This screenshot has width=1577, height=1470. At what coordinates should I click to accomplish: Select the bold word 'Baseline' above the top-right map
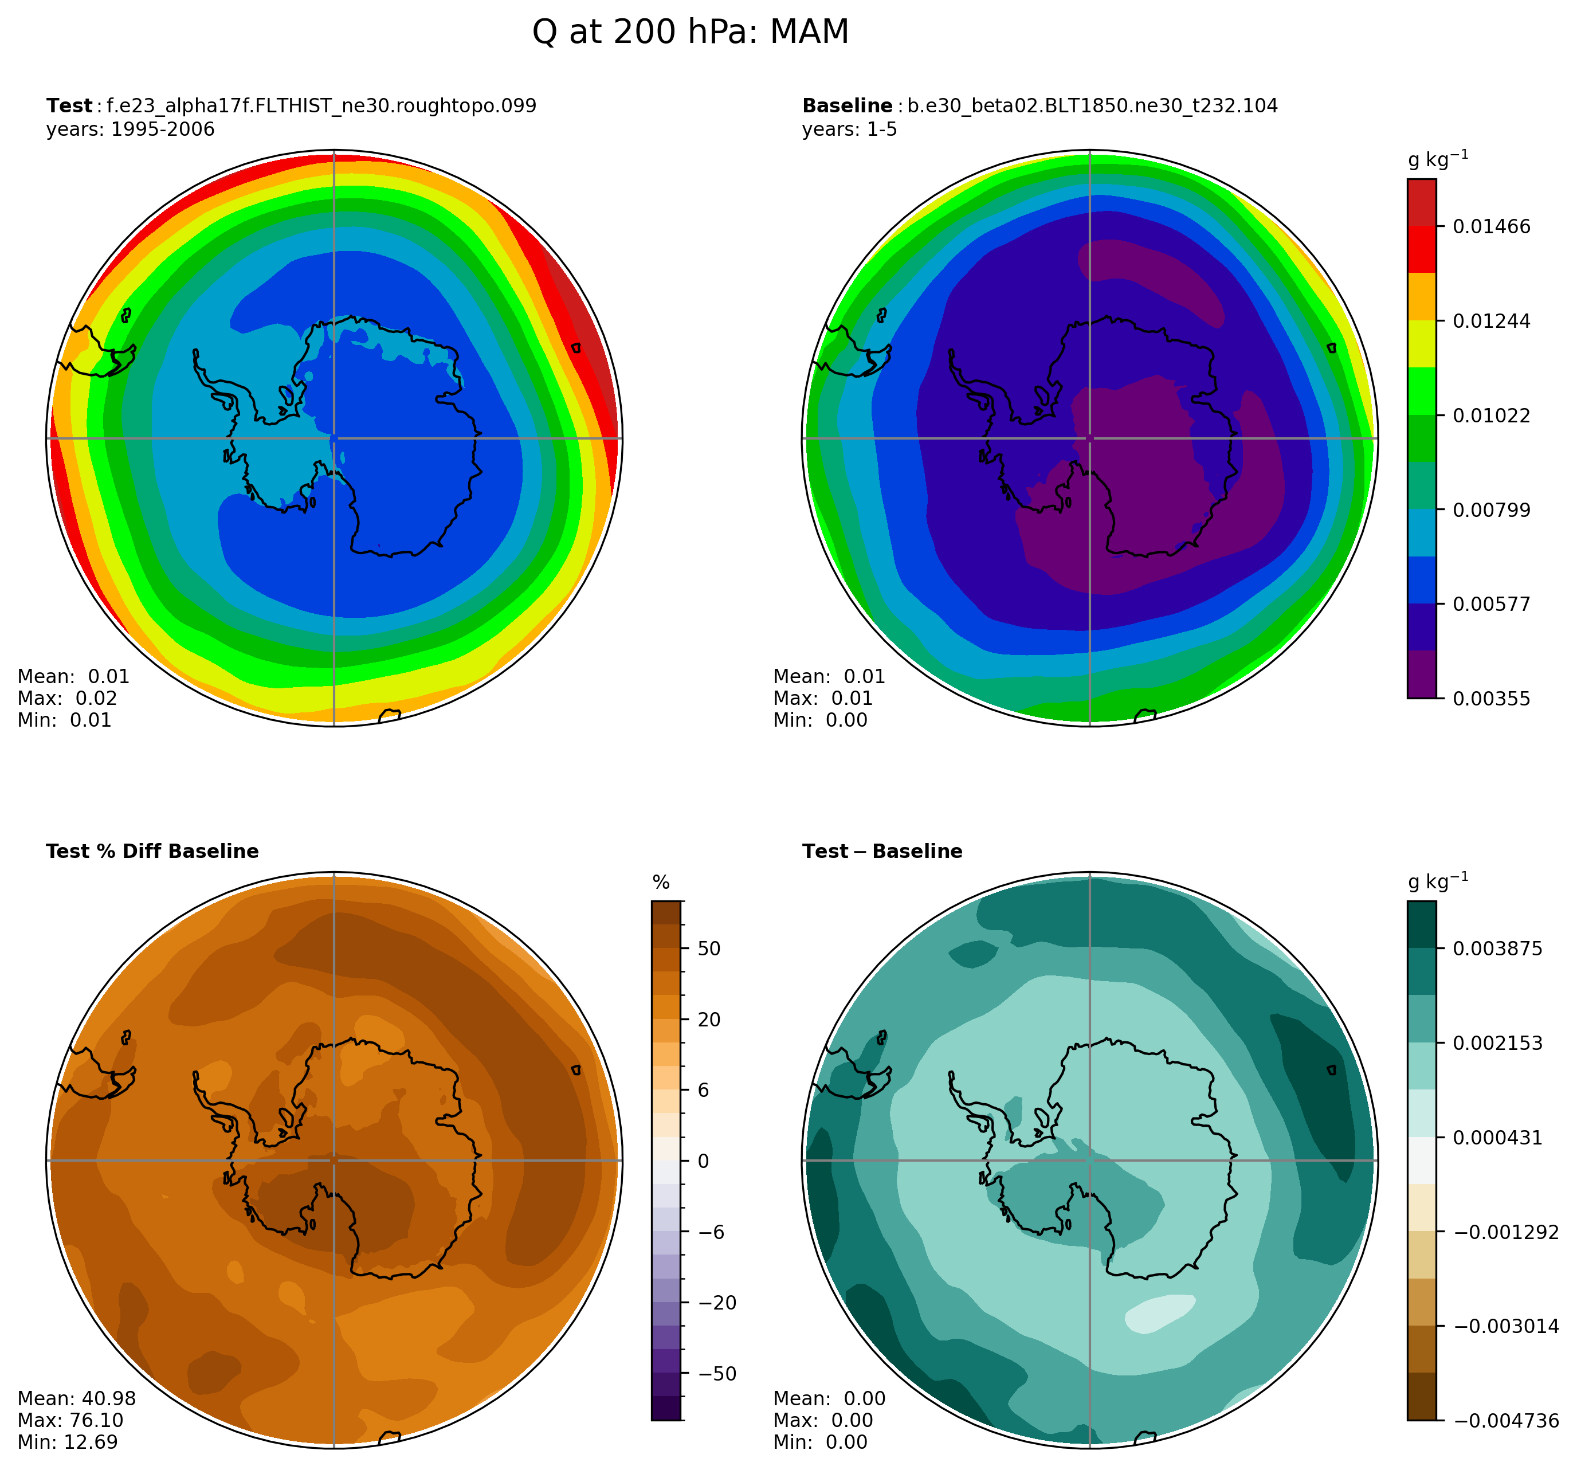847,106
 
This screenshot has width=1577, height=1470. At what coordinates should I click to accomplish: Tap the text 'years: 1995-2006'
130,130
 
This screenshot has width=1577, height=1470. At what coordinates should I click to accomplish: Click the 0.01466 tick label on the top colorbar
1491,227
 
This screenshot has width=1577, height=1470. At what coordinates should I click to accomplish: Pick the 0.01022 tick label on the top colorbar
1491,415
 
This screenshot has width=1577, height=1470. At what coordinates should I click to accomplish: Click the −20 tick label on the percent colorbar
716,1303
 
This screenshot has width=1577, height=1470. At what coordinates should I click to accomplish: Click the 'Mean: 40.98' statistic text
76,1398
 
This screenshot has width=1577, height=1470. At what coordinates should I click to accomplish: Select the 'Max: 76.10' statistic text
70,1420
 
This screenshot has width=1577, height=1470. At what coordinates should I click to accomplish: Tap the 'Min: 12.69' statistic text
68,1442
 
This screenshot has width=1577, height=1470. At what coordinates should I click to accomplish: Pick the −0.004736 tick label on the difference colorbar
1505,1421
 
